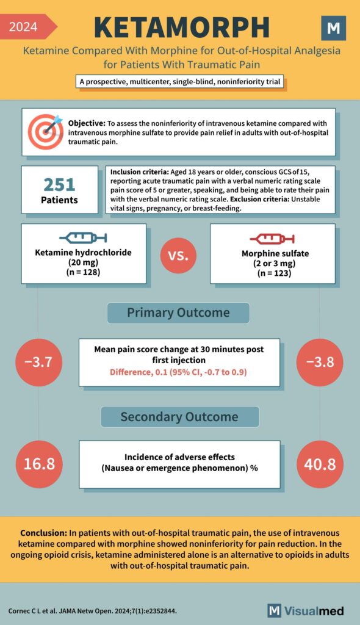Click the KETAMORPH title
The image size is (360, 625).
182,27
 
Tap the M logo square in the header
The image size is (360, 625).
333,28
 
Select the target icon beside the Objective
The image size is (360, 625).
45,129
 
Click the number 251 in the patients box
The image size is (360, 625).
59,184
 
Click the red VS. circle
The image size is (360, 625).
178,254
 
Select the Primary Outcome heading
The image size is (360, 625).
178,312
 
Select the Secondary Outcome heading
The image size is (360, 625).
179,417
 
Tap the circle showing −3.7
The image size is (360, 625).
38,362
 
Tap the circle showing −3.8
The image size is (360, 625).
320,362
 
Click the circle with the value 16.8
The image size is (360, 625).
38,464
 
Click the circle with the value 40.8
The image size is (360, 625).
320,464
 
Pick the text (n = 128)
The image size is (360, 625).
84,273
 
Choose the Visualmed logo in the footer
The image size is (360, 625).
306,610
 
